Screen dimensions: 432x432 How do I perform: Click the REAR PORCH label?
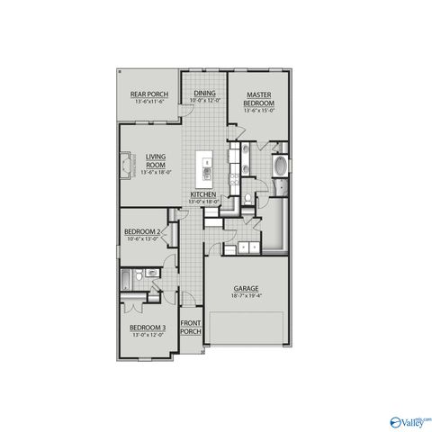(149, 93)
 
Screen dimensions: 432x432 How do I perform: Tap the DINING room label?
(204, 92)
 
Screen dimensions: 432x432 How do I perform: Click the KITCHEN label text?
(202, 194)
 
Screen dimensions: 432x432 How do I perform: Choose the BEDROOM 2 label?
(143, 231)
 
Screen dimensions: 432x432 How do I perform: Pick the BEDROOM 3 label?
(147, 328)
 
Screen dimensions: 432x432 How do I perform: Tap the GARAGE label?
(247, 289)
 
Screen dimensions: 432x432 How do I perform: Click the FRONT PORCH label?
(190, 327)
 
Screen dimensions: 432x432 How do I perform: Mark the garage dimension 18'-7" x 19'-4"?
(247, 296)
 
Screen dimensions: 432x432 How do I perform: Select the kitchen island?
(206, 170)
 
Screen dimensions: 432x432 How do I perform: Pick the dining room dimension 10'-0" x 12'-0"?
(204, 99)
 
